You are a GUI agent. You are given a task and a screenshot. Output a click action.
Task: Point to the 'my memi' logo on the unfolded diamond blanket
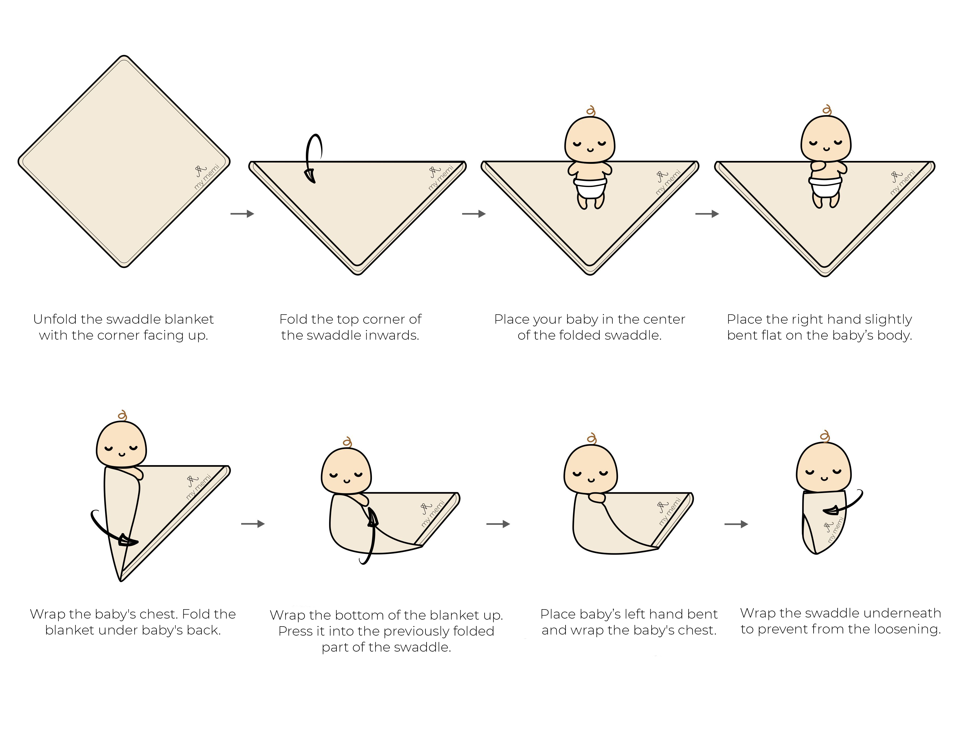[206, 176]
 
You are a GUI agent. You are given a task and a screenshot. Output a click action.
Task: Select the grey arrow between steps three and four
[707, 214]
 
